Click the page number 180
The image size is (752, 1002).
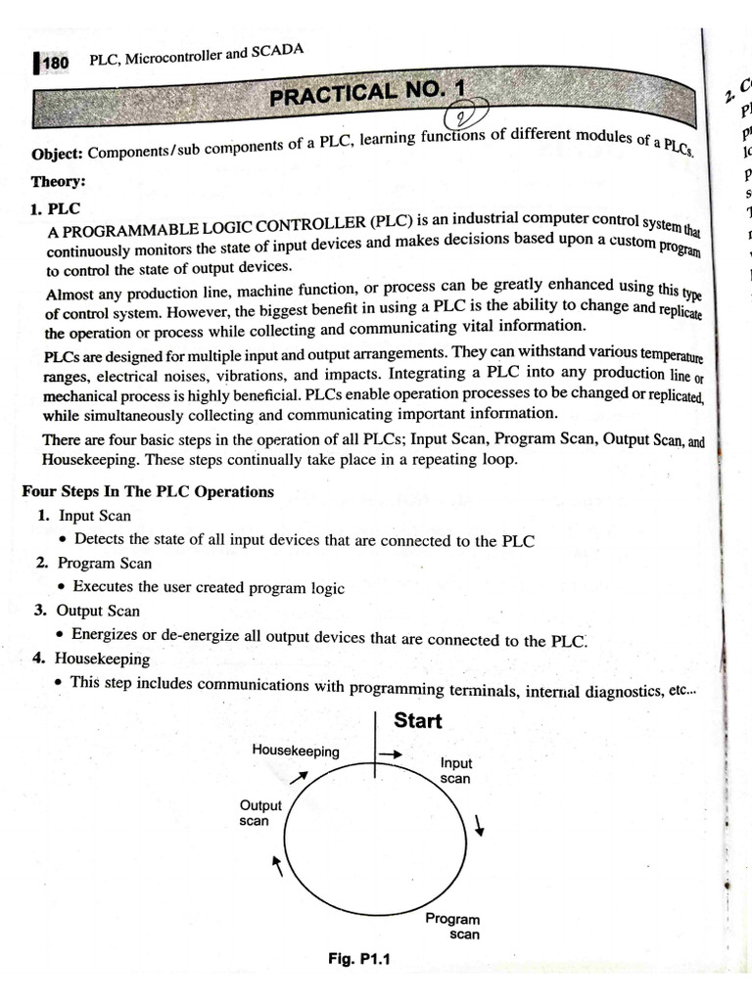tap(54, 64)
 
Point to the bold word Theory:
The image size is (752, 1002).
tap(58, 181)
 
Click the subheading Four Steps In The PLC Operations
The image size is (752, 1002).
tap(148, 491)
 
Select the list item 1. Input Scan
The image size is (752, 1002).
tap(84, 516)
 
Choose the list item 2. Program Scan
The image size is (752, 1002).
tap(93, 564)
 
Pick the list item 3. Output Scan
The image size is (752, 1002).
tap(88, 611)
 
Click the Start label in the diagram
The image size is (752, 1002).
tap(417, 721)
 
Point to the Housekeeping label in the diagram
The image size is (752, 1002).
tap(296, 751)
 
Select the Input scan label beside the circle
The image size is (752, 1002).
tap(455, 771)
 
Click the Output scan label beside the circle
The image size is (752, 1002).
tap(260, 813)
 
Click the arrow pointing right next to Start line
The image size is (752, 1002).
tap(390, 754)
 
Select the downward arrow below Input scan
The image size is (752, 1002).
tap(480, 825)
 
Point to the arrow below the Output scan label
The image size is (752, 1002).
tap(278, 864)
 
